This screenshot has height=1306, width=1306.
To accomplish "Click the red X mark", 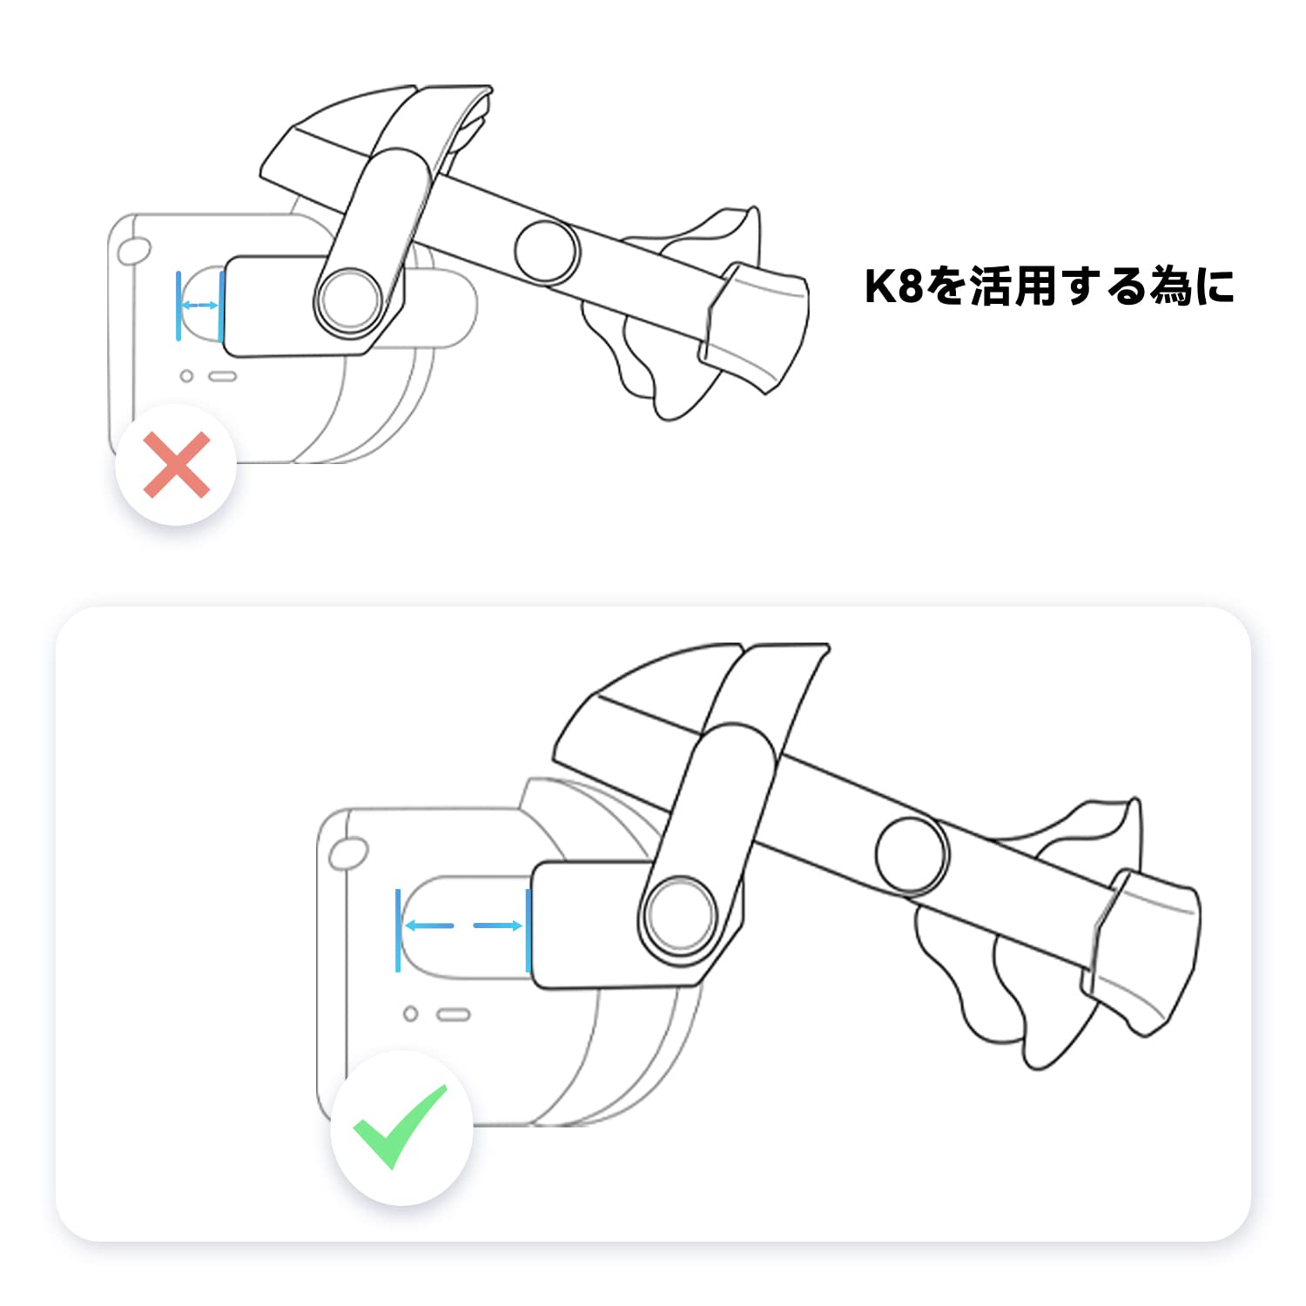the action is tap(177, 465).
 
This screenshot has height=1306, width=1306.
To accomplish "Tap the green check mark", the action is tap(400, 1127).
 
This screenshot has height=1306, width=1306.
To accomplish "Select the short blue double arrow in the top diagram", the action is tap(199, 305).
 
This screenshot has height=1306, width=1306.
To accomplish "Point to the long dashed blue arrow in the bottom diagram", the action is tap(463, 926).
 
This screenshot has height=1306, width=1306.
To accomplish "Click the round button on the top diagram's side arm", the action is tap(547, 251).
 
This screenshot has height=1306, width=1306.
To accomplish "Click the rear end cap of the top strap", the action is tap(754, 326).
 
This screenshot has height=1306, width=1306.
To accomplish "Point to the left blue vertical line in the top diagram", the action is tap(178, 306).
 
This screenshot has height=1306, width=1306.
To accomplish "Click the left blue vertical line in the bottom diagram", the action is tap(398, 930).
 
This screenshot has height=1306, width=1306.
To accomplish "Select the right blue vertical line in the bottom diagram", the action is tap(528, 930).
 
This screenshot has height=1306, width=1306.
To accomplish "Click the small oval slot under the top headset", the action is tap(224, 377).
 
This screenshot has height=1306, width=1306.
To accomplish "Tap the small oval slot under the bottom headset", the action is tap(454, 1015).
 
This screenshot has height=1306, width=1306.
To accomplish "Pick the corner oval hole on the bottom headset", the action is tap(348, 854).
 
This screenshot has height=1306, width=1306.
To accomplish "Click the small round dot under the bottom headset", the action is tap(411, 1014).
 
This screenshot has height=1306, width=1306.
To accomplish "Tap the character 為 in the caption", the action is tap(1171, 286).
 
